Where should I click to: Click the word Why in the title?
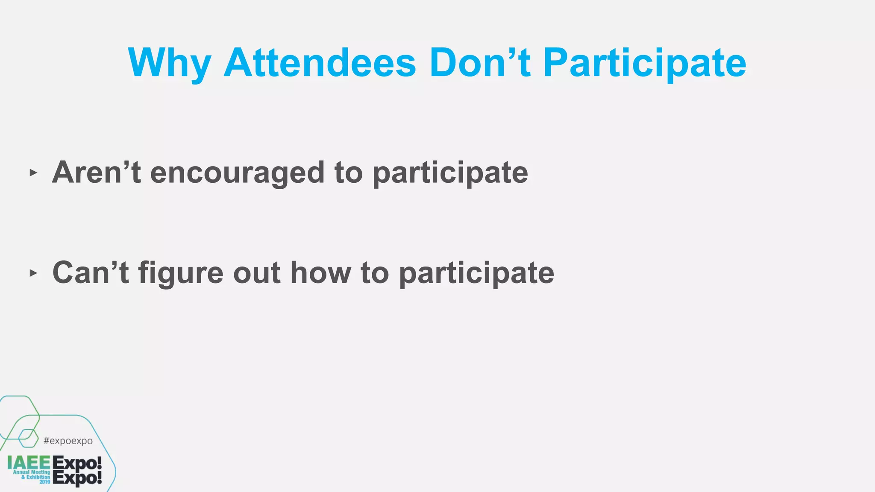pyautogui.click(x=169, y=63)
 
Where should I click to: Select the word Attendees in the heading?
pyautogui.click(x=320, y=63)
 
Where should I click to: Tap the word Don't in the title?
pyautogui.click(x=480, y=63)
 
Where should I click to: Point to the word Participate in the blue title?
pyautogui.click(x=644, y=63)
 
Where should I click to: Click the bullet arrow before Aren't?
pyautogui.click(x=33, y=173)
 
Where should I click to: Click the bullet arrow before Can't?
pyautogui.click(x=33, y=273)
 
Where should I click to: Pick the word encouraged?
pyautogui.click(x=237, y=173)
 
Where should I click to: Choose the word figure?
pyautogui.click(x=181, y=273)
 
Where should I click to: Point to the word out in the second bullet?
pyautogui.click(x=257, y=272)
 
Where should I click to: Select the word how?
pyautogui.click(x=320, y=272)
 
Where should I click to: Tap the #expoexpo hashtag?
pyautogui.click(x=68, y=441)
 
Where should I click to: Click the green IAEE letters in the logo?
pyautogui.click(x=29, y=463)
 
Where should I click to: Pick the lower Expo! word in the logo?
pyautogui.click(x=77, y=478)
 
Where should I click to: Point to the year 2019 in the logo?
pyautogui.click(x=45, y=482)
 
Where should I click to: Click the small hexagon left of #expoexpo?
pyautogui.click(x=28, y=437)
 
